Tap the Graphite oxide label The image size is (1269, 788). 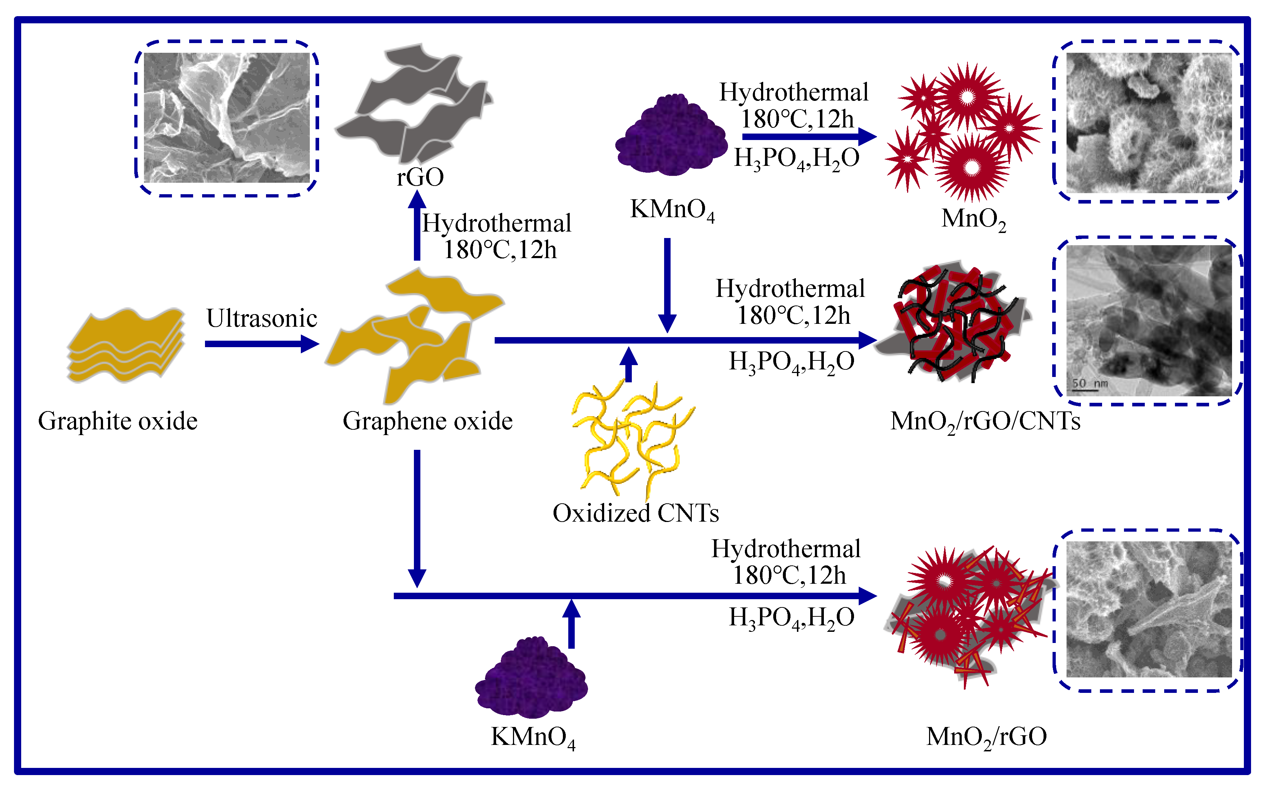[x=118, y=421]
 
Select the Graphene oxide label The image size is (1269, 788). [x=427, y=421]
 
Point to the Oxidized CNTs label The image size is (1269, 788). [x=635, y=513]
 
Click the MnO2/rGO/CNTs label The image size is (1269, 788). [x=985, y=421]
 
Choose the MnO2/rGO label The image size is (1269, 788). [x=986, y=736]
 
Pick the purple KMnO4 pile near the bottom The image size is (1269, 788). [x=532, y=677]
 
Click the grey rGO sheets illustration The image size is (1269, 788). [x=414, y=104]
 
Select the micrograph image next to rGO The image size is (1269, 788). [x=227, y=117]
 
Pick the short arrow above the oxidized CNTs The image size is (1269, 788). [x=629, y=364]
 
